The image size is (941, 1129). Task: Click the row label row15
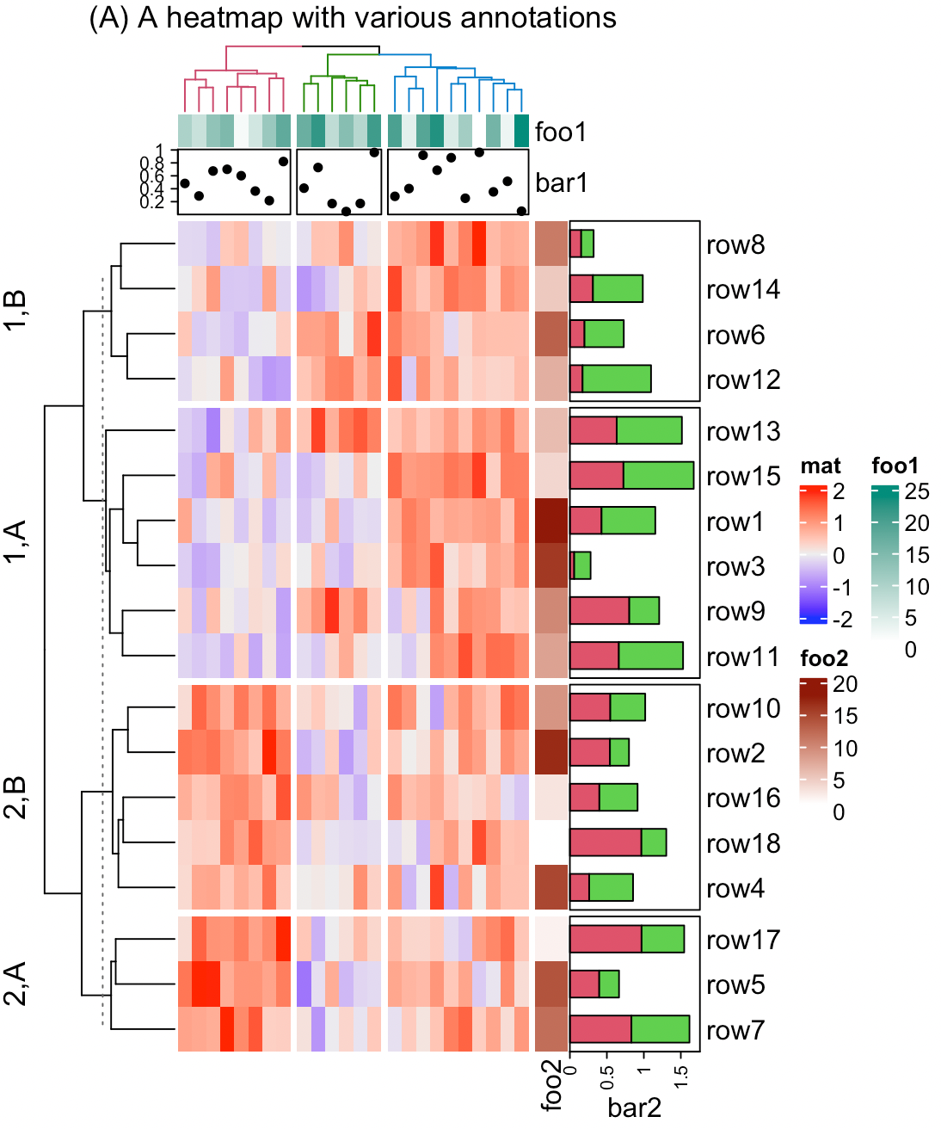(x=742, y=476)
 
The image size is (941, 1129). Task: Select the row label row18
(x=742, y=843)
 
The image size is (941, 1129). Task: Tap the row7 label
(x=735, y=1030)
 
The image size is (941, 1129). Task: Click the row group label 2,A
(x=16, y=984)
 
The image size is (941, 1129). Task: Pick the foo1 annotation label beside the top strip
(x=561, y=132)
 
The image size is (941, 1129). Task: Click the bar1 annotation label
(x=561, y=182)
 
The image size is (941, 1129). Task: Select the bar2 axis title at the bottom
(x=634, y=1107)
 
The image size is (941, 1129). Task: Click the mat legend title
(x=821, y=466)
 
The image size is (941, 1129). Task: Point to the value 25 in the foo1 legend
(x=917, y=491)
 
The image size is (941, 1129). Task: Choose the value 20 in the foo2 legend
(x=845, y=684)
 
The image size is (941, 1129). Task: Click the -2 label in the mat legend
(x=842, y=619)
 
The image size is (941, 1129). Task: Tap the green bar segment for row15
(x=658, y=476)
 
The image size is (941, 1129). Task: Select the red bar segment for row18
(x=606, y=842)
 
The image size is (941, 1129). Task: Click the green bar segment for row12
(x=616, y=379)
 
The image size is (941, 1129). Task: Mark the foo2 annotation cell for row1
(x=551, y=521)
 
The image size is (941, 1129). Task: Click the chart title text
(x=353, y=18)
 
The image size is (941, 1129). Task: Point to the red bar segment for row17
(x=606, y=939)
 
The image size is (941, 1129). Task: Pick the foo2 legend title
(x=824, y=659)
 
